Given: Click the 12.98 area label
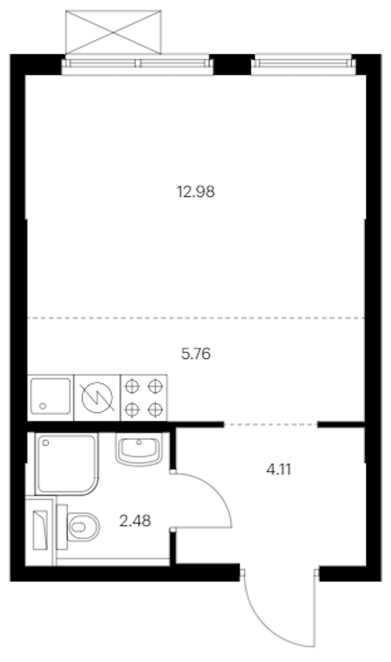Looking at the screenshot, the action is coord(195,192).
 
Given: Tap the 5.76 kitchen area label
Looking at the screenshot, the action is coord(195,354).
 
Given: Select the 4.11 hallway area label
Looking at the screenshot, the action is coord(279,469).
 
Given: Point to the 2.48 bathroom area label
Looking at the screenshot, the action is coord(135,521).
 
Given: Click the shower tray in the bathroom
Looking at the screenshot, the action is coord(67,464).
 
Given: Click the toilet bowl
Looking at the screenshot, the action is coord(83,527).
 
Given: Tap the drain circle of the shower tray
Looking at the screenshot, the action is coord(46,443).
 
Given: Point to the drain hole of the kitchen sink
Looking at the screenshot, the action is coord(42,406).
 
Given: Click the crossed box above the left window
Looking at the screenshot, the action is coord(113,32).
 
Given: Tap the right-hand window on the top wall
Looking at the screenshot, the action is coord(303,65).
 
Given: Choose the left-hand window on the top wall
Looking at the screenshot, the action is coord(137,65).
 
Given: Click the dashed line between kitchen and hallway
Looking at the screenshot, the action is coord(270,424).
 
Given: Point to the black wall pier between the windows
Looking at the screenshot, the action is coord(232,65).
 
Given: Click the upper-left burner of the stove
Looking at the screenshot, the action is coord(132,386).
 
